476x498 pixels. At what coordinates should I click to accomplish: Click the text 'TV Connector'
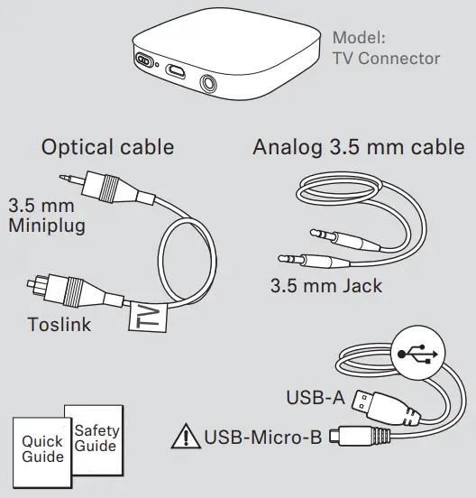tap(386, 60)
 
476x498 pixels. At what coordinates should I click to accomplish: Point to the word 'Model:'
tap(359, 39)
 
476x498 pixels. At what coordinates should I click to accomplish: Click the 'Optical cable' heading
tap(107, 146)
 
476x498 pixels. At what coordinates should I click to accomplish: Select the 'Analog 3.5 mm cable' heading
tap(359, 146)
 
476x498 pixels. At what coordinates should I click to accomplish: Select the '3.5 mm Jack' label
tap(326, 287)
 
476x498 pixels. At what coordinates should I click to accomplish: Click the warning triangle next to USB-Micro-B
tap(188, 438)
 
